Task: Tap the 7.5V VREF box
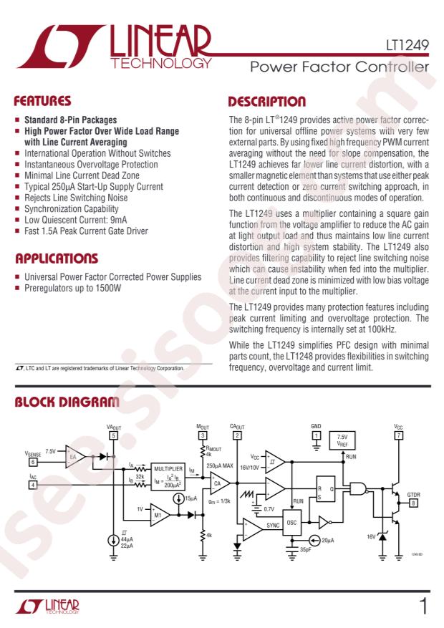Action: pyautogui.click(x=342, y=439)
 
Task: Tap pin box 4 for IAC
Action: pyautogui.click(x=33, y=485)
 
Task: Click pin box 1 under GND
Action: pyautogui.click(x=316, y=435)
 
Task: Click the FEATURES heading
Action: pyautogui.click(x=44, y=101)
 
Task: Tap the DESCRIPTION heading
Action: pyautogui.click(x=267, y=101)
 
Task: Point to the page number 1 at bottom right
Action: pyautogui.click(x=424, y=608)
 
